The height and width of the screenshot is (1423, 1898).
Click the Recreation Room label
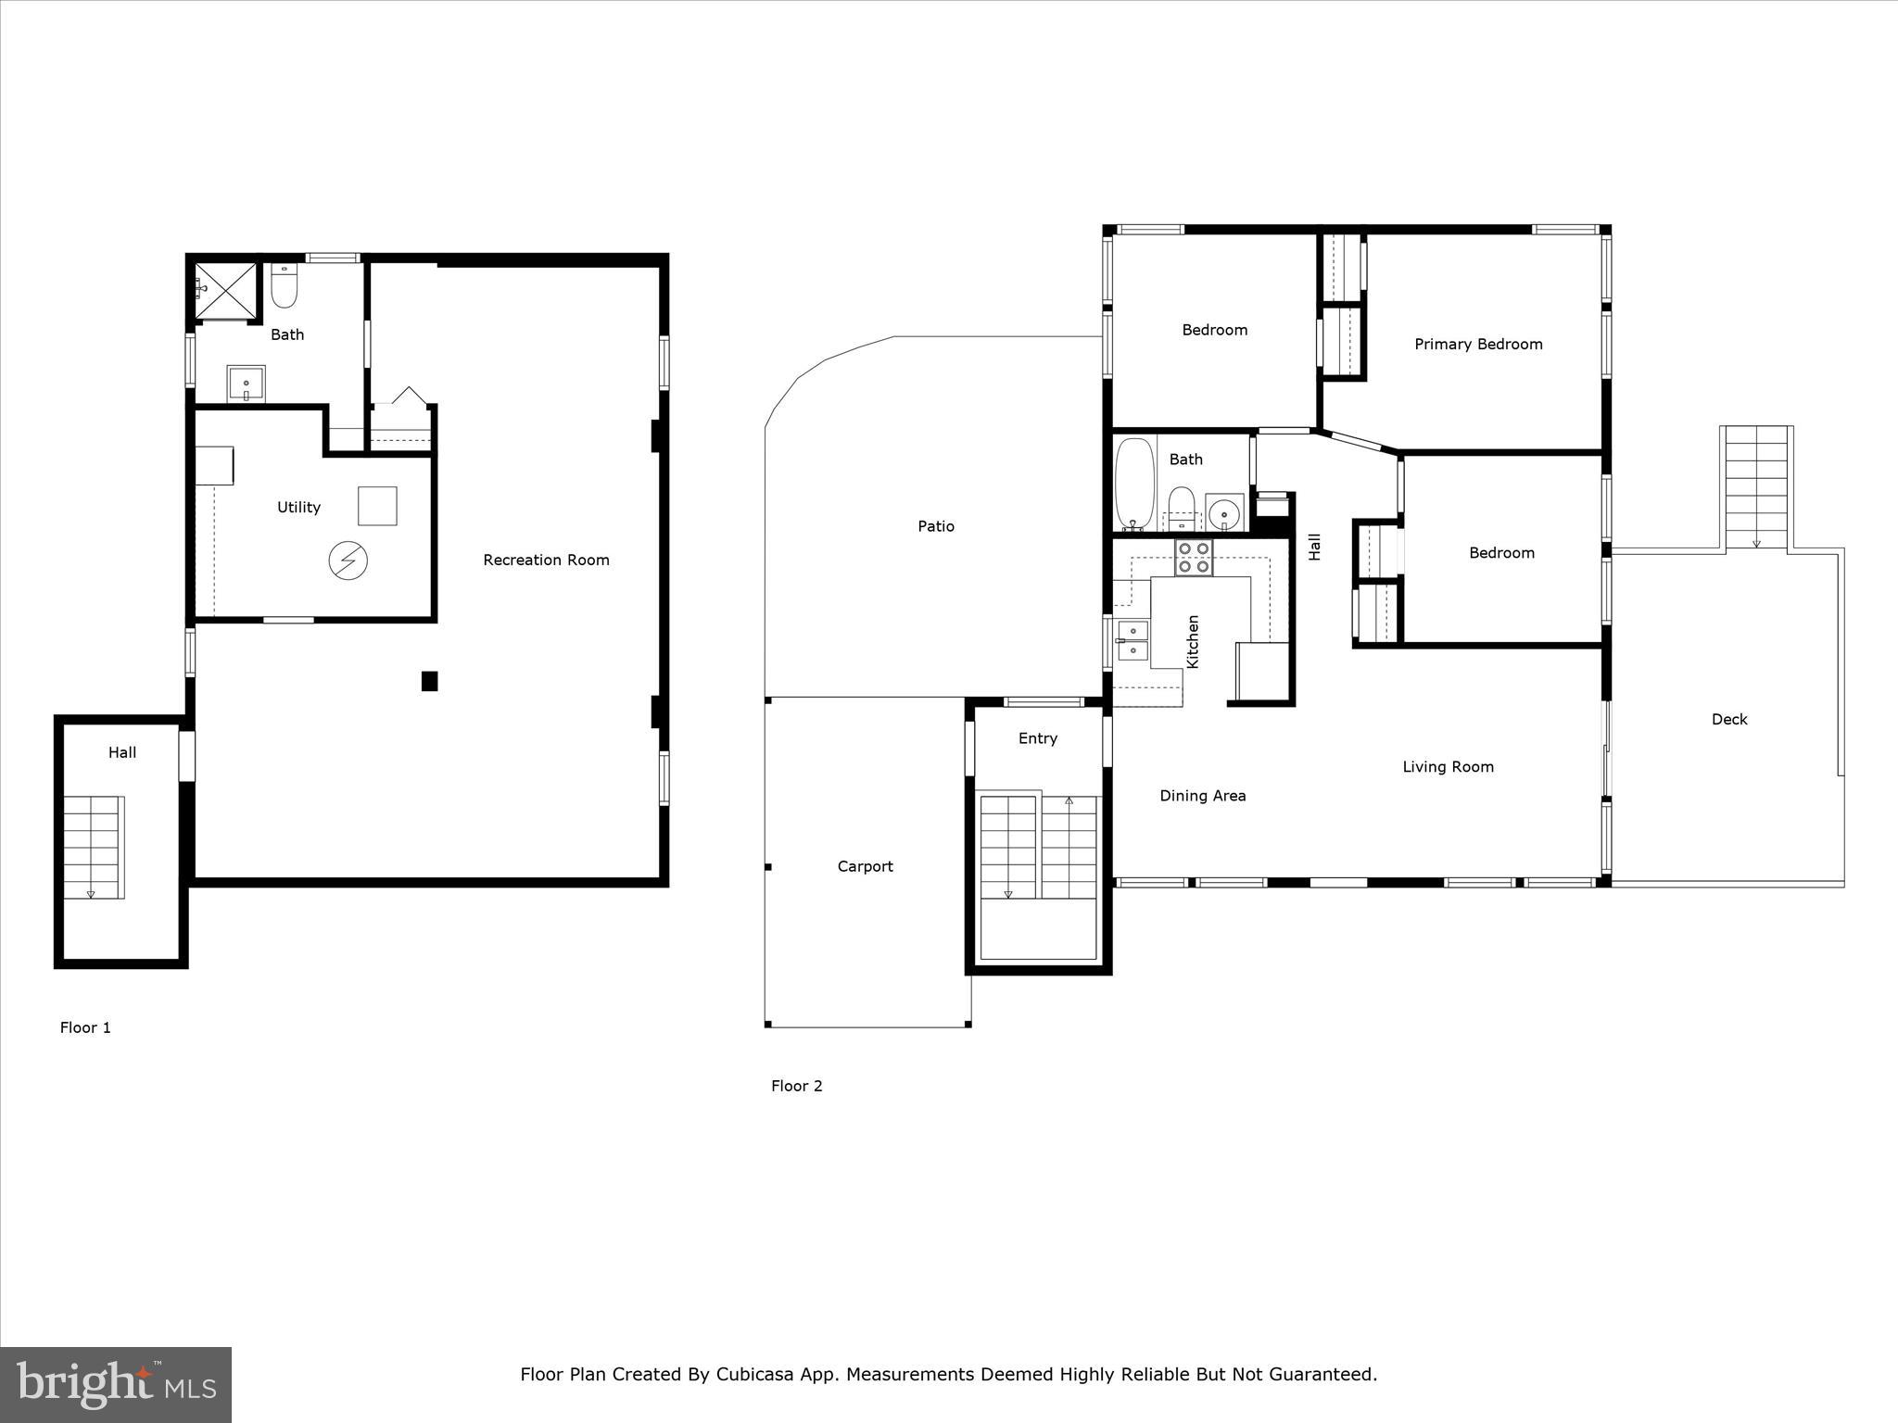pyautogui.click(x=546, y=560)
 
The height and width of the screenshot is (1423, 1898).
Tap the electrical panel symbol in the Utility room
pyautogui.click(x=348, y=560)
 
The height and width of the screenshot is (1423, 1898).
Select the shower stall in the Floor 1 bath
pyautogui.click(x=225, y=290)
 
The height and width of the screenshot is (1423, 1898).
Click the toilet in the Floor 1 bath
pyautogui.click(x=284, y=287)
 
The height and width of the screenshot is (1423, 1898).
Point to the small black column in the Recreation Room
pyautogui.click(x=429, y=681)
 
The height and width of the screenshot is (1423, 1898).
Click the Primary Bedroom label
pyautogui.click(x=1478, y=345)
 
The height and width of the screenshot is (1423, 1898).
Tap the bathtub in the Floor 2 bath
pyautogui.click(x=1134, y=484)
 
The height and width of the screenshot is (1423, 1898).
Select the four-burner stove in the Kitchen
pyautogui.click(x=1194, y=558)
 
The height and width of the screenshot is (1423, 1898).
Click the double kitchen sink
pyautogui.click(x=1132, y=640)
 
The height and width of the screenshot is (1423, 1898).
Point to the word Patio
pyautogui.click(x=936, y=526)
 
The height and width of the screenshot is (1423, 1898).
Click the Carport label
pyautogui.click(x=865, y=866)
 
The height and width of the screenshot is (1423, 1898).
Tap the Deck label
pyautogui.click(x=1729, y=719)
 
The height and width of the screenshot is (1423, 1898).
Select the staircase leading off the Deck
pyautogui.click(x=1756, y=488)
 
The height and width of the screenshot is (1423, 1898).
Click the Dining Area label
pyautogui.click(x=1203, y=796)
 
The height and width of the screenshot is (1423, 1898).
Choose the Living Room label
pyautogui.click(x=1448, y=767)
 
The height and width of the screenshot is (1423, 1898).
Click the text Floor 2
pyautogui.click(x=796, y=1086)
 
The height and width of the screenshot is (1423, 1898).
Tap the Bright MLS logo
pyautogui.click(x=116, y=1385)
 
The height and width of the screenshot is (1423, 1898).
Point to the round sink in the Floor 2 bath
pyautogui.click(x=1224, y=512)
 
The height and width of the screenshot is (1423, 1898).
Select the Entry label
pyautogui.click(x=1037, y=738)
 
